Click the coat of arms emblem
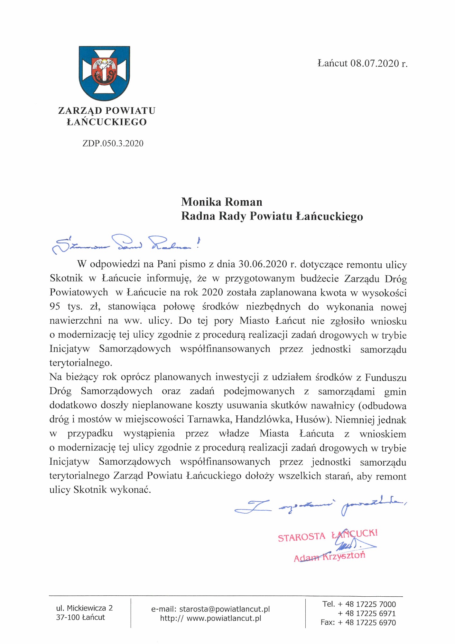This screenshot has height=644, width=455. tap(104, 73)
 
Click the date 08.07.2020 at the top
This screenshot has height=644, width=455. tap(375, 63)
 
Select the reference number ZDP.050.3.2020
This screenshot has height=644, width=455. tap(113, 143)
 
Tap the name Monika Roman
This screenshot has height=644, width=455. tap(222, 202)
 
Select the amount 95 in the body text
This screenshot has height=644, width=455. tap(55, 306)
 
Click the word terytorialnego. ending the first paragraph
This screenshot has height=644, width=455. tap(81, 363)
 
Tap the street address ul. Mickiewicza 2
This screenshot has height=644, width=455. tap(84, 608)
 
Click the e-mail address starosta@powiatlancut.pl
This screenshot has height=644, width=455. tap(224, 609)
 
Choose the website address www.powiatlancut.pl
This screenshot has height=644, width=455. tap(224, 618)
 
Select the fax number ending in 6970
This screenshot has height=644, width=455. tap(367, 622)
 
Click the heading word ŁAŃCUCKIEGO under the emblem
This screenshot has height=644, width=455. tap(107, 122)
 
